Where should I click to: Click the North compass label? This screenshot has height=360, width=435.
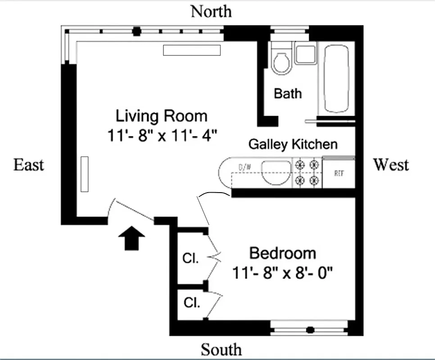point(211,11)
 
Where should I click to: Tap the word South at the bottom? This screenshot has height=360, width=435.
point(221,349)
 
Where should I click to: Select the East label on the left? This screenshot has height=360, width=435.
point(29,165)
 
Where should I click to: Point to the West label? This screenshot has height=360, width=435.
point(390,165)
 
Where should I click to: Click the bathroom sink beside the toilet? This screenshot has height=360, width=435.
point(305,54)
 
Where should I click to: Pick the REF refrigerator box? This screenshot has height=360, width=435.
point(339,173)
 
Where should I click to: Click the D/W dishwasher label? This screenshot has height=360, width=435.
point(245,167)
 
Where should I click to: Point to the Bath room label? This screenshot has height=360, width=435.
point(288,94)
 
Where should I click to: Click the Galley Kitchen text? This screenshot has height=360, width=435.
point(293,144)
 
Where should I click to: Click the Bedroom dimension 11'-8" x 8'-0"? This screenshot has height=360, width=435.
point(282,272)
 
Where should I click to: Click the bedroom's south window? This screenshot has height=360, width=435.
point(309,328)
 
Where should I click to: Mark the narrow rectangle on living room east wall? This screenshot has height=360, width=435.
point(84,174)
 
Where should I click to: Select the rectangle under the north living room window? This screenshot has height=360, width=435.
point(192,50)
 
